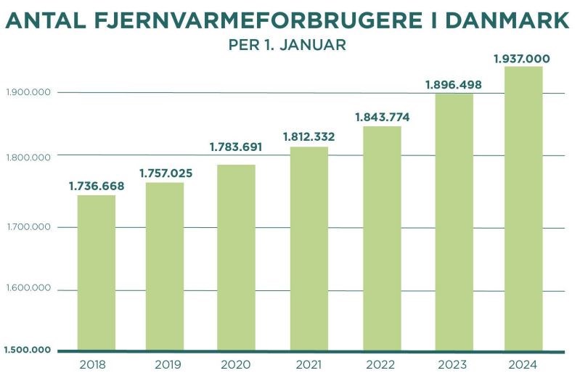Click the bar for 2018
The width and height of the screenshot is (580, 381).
97,272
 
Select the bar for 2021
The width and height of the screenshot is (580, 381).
309,248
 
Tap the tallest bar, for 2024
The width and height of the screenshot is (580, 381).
523,208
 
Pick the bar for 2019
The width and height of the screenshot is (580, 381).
165,266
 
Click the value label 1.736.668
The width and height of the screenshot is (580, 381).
97,187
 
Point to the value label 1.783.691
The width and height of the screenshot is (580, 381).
236,147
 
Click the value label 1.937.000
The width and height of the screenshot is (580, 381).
522,59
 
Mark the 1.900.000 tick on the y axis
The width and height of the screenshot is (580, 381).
28,92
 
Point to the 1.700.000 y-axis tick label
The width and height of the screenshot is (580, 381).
28,227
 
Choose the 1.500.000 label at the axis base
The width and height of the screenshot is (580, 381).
28,351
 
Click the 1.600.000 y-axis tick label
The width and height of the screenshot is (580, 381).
28,289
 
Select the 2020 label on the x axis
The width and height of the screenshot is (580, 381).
236,364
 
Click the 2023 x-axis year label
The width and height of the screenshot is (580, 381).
452,364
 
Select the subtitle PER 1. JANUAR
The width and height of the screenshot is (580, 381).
287,44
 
